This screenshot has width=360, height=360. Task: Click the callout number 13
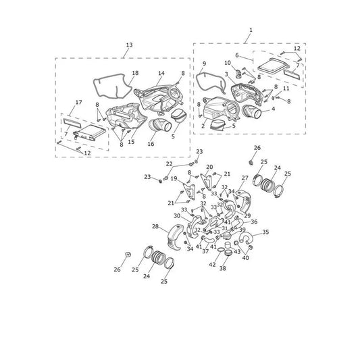click(x=129, y=45)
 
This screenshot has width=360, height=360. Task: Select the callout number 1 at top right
click(x=251, y=30)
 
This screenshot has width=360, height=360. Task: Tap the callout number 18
click(x=135, y=73)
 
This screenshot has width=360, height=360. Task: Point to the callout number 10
click(x=228, y=63)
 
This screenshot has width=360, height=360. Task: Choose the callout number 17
click(x=78, y=102)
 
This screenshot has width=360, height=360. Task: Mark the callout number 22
click(x=170, y=164)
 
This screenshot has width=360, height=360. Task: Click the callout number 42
click(x=212, y=265)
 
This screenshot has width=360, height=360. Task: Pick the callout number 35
click(x=265, y=232)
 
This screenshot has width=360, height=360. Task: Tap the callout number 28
click(x=155, y=226)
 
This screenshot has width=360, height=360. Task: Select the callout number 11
click(x=286, y=88)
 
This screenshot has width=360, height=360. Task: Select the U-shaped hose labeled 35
click(x=246, y=238)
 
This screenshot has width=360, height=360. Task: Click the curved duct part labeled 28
click(x=175, y=238)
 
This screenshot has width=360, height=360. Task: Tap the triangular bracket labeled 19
click(x=189, y=191)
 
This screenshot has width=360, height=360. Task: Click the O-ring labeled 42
click(x=221, y=249)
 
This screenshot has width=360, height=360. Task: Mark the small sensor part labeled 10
click(x=238, y=74)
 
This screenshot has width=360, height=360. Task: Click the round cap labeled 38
click(x=228, y=253)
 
